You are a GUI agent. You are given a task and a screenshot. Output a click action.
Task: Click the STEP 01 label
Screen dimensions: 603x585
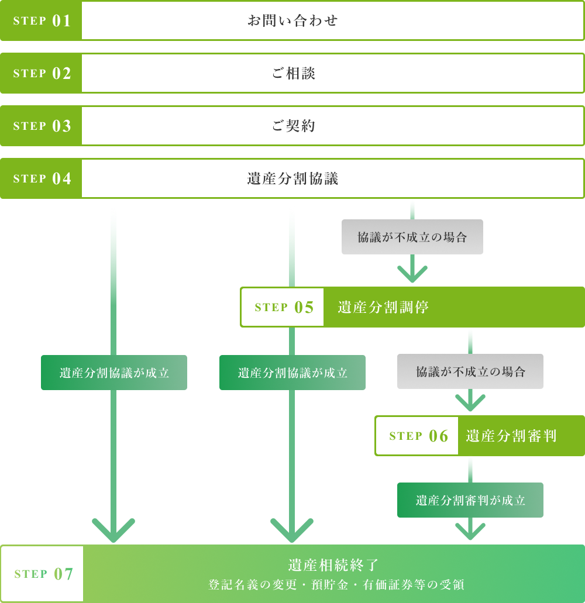42,21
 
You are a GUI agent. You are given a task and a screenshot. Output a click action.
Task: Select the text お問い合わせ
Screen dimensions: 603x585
292,21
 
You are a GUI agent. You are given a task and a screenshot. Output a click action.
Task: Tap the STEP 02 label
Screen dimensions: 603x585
42,74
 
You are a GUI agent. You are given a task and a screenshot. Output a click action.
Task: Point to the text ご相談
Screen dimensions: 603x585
294,74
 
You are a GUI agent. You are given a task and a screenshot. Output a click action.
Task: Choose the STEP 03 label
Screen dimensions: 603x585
42,126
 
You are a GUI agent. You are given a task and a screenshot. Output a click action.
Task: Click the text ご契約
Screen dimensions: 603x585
294,126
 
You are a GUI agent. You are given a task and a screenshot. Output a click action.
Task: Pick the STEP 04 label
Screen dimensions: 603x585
42,179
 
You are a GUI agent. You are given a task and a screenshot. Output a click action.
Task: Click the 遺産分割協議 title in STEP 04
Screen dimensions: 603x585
292,179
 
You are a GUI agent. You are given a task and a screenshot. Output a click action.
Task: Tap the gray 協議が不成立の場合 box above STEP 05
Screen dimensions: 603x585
412,237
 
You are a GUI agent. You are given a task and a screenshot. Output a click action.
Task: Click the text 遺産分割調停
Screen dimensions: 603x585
383,308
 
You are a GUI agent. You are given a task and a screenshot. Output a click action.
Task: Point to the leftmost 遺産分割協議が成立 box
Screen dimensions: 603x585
114,373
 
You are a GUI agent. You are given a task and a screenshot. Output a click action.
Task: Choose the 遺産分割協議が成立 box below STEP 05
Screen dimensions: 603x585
292,373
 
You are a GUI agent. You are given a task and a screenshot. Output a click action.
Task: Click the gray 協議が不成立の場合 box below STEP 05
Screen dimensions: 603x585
470,372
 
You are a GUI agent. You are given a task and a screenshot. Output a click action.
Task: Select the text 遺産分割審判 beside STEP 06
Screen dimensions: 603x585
511,436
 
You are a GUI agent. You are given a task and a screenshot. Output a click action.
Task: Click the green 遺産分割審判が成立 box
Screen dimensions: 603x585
470,501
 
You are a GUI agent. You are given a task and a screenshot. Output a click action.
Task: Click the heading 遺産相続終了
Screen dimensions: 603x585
333,565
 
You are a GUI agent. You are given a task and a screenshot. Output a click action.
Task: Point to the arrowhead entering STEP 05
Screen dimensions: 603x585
412,274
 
